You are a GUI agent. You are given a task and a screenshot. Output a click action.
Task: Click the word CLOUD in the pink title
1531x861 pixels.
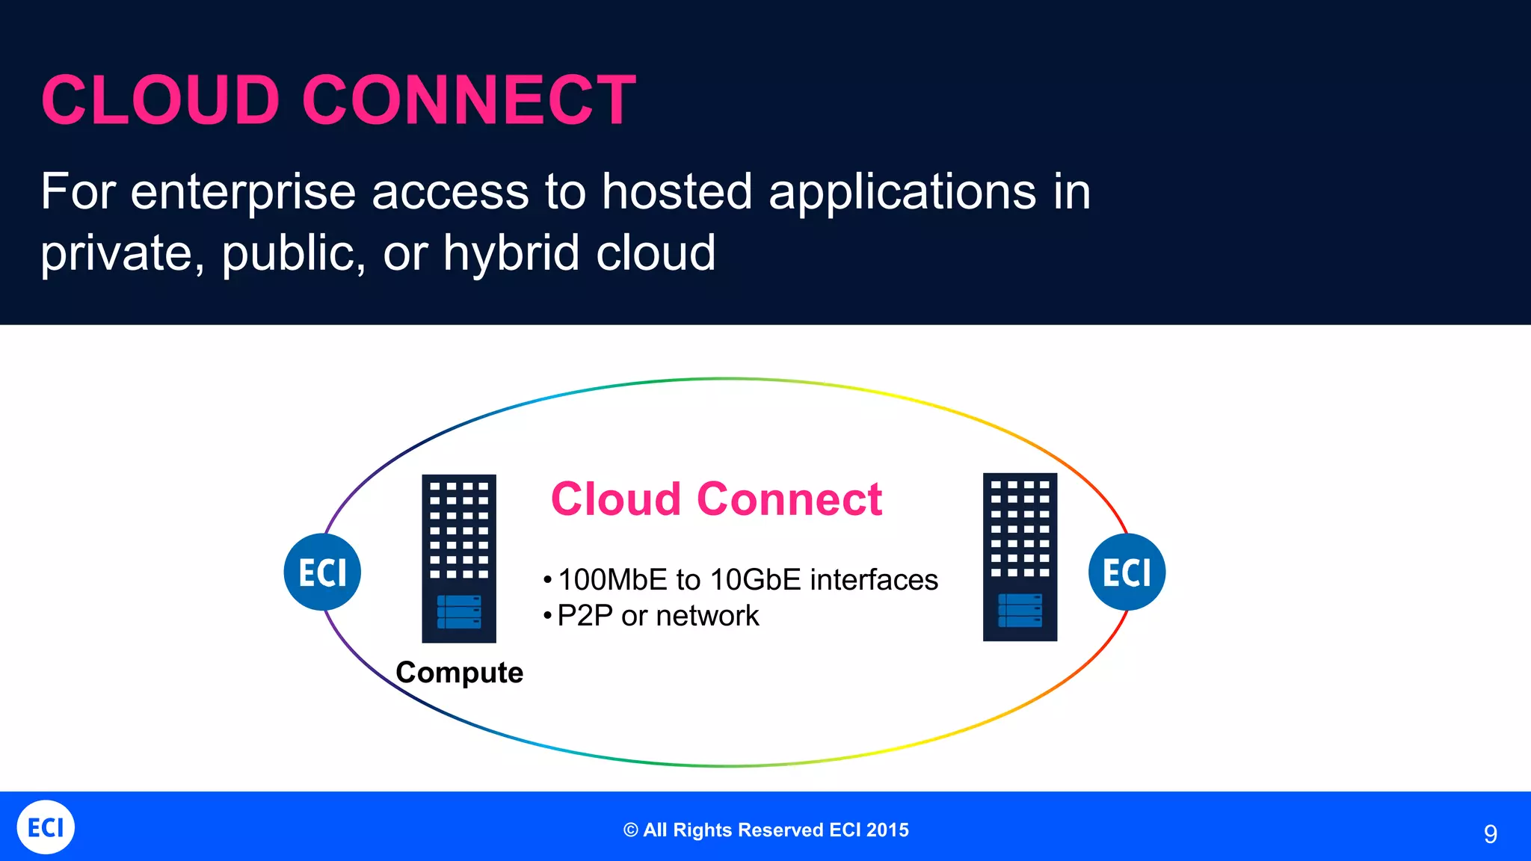coord(161,100)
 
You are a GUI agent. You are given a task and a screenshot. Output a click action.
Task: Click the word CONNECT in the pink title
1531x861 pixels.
coord(469,100)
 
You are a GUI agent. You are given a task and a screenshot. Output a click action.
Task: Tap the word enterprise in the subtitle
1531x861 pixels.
coord(243,192)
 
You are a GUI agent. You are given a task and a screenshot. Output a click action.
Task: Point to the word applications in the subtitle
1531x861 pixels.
coord(902,192)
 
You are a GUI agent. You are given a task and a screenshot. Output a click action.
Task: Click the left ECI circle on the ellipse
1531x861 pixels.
coord(322,573)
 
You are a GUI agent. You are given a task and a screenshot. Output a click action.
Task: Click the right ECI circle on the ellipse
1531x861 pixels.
coord(1127,573)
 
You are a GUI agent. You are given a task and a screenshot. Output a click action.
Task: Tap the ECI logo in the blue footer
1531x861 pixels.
coord(46,827)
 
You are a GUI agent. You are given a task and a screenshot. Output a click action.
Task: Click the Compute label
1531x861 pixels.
coord(459,673)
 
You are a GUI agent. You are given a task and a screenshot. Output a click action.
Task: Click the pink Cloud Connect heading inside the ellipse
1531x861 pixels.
coord(716,499)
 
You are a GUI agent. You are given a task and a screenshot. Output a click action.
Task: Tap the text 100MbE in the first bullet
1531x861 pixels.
coord(612,580)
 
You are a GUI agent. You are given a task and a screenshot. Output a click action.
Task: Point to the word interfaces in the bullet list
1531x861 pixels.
coord(873,580)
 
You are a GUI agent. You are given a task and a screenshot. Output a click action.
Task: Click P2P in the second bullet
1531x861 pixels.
coord(585,616)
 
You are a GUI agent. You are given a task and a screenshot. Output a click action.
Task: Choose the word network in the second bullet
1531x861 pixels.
coord(707,616)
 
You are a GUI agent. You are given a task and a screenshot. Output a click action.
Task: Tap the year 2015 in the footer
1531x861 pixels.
coord(888,830)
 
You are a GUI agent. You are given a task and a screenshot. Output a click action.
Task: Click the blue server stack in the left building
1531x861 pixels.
coord(459,611)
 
